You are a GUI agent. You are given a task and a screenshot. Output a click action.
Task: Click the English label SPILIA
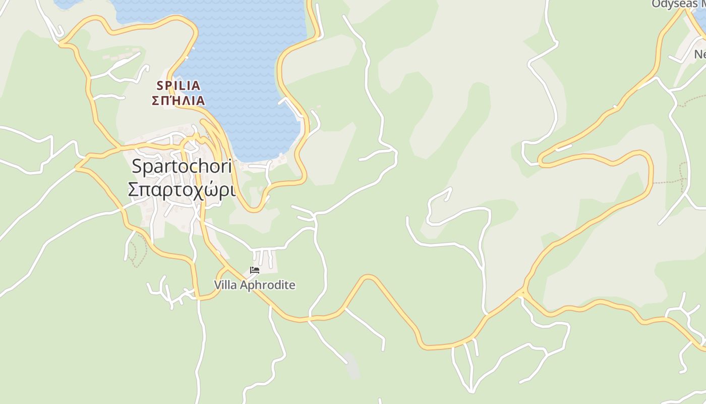click(x=179, y=85)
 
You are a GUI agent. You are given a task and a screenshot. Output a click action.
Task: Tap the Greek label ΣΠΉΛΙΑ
click(x=179, y=100)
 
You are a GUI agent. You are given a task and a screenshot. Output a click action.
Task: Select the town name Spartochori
click(x=182, y=166)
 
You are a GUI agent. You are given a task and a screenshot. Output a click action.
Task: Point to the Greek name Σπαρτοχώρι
click(x=182, y=189)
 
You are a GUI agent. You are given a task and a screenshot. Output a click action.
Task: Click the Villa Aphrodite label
click(x=255, y=285)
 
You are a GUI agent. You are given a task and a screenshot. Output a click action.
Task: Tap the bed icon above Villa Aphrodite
click(x=255, y=270)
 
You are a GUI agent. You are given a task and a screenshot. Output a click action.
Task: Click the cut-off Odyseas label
click(x=678, y=4)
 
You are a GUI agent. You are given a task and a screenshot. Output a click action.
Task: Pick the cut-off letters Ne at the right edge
click(x=700, y=54)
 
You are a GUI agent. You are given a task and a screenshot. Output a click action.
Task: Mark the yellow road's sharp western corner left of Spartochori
click(x=77, y=167)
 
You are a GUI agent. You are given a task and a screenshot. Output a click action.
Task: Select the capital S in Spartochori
click(x=136, y=166)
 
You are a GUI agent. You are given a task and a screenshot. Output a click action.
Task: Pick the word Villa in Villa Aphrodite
click(x=226, y=285)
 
